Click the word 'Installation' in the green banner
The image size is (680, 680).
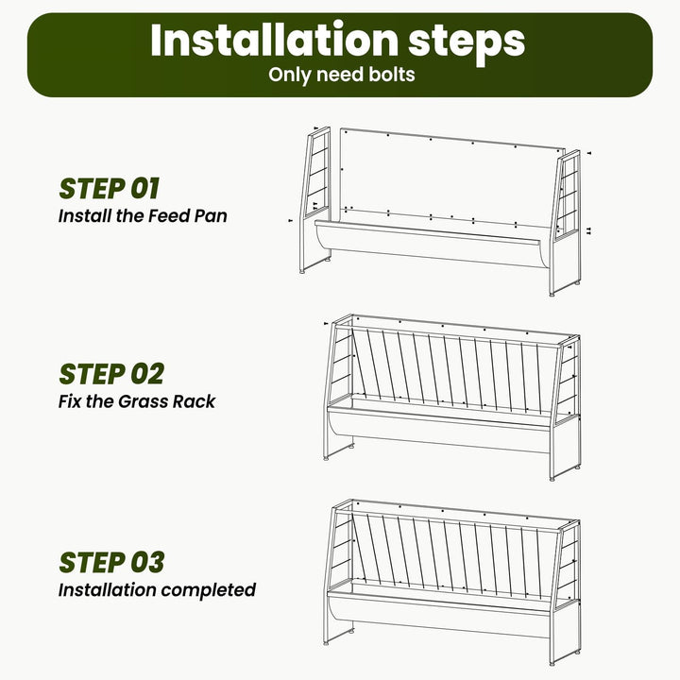coord(274,40)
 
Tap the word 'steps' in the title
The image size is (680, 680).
coord(467,43)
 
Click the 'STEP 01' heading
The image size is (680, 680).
coord(110,189)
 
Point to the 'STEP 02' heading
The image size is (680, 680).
coord(111,374)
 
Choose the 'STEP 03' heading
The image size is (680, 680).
coord(111,563)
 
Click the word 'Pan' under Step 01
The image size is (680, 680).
coord(211,216)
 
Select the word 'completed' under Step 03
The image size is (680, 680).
coord(208,590)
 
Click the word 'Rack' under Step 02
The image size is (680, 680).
coord(194,401)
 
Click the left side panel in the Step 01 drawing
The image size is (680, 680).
coord(315,199)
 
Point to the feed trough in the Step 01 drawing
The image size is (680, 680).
coord(433,244)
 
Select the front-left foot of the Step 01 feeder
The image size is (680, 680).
coord(302,271)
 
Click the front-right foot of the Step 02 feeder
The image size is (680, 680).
coord(552,479)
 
